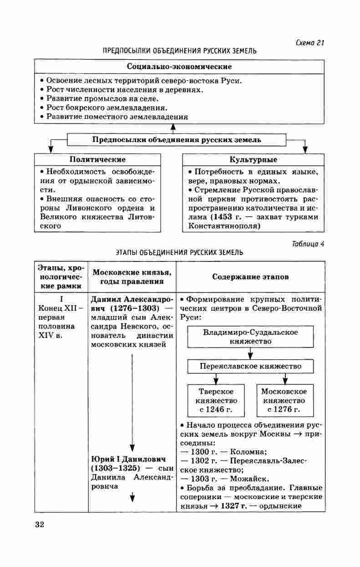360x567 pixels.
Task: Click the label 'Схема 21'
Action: [309, 43]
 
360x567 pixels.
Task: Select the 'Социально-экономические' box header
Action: [179, 66]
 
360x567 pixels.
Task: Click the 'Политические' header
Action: [97, 160]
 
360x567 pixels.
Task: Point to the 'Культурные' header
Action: [253, 160]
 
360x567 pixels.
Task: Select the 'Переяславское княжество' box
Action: [250, 366]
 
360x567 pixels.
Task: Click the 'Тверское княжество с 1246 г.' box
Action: [216, 400]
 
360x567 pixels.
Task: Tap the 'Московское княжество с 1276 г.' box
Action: [284, 400]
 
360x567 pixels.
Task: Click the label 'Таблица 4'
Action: [308, 243]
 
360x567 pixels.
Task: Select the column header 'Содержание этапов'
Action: [250, 277]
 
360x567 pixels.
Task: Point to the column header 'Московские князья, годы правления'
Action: [132, 277]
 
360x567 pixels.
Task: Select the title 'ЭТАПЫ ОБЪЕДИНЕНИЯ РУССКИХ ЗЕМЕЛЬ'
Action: [179, 252]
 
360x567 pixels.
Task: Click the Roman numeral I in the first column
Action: [61, 300]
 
